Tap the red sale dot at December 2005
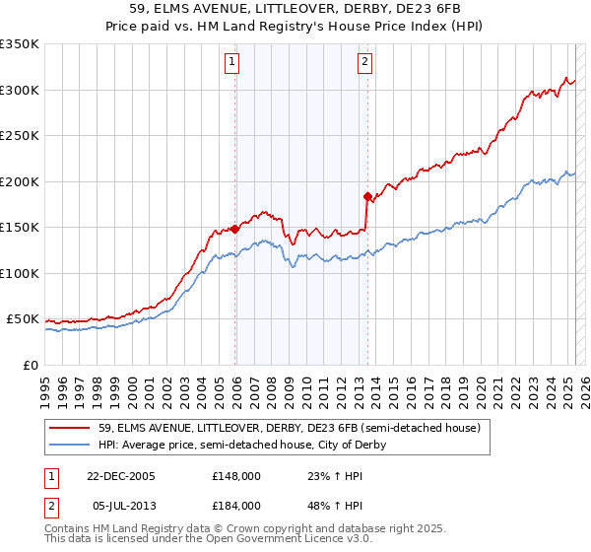(x=235, y=229)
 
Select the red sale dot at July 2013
(x=367, y=196)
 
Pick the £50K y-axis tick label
(x=23, y=319)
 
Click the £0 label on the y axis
(x=31, y=366)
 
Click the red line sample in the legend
(x=69, y=428)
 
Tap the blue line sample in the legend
(x=69, y=445)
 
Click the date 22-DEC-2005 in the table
(x=121, y=475)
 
